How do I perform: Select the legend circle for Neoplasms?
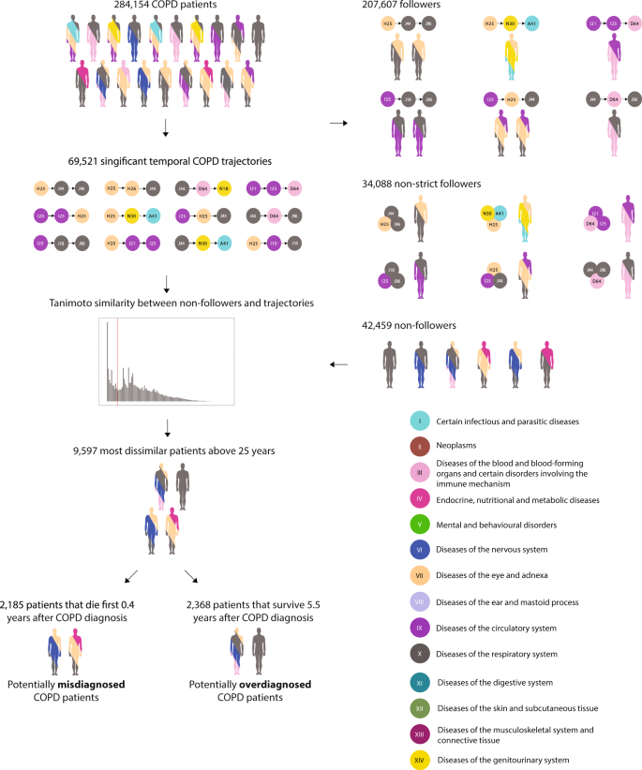pos(422,447)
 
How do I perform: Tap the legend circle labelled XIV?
pos(422,759)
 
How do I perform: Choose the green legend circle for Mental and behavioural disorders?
pos(422,525)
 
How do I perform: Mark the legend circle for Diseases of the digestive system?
pos(422,681)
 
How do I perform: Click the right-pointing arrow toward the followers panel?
pos(339,123)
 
